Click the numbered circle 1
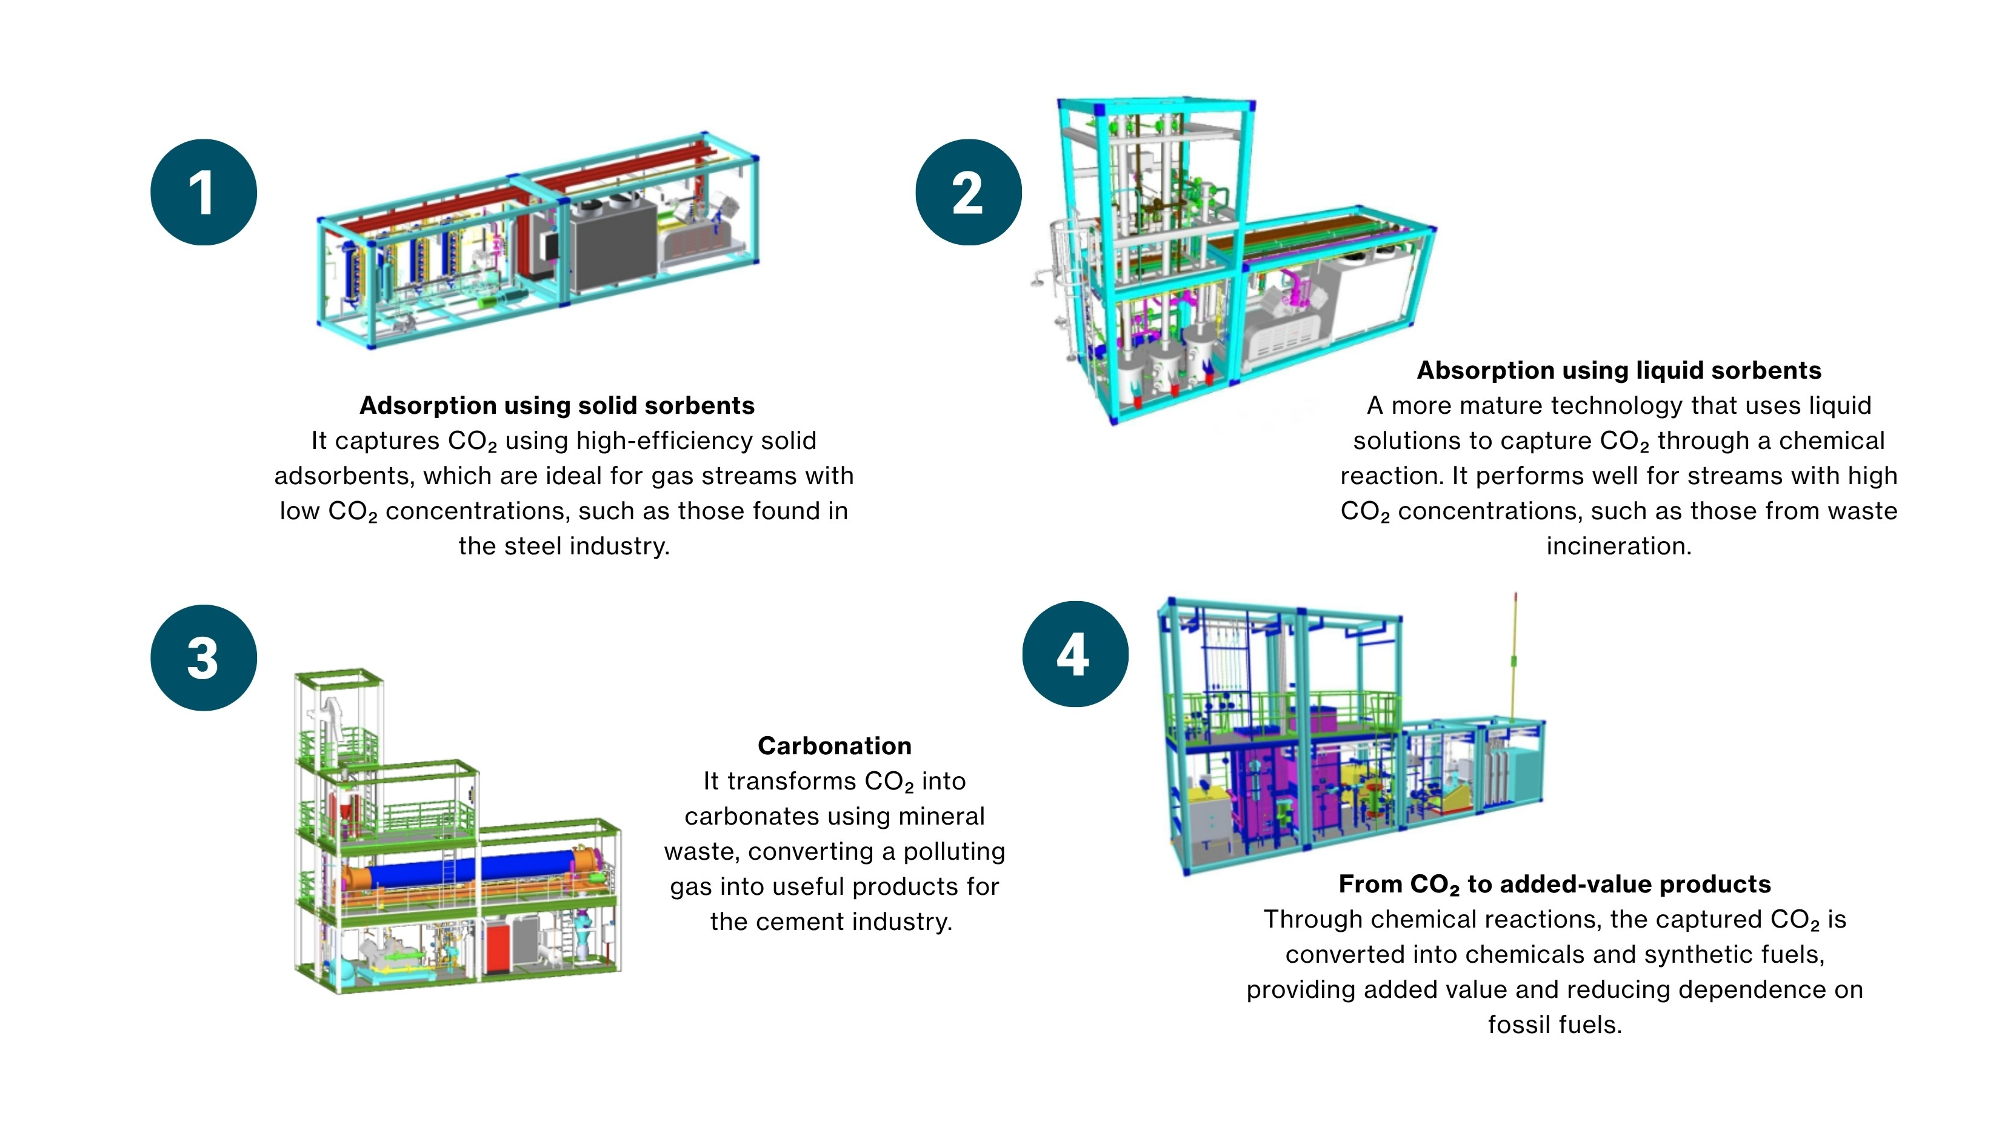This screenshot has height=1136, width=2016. click(x=204, y=193)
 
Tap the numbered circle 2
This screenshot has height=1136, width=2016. click(x=968, y=193)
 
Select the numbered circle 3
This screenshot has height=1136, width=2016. click(x=204, y=657)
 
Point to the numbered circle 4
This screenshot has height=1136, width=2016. click(x=1075, y=654)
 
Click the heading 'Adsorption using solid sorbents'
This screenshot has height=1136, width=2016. click(x=556, y=405)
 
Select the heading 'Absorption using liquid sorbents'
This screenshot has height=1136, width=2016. click(x=1618, y=370)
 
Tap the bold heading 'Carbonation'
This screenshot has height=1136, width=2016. click(x=834, y=746)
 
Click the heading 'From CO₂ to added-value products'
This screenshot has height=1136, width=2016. click(x=1554, y=884)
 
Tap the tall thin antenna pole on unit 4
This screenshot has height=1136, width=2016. click(x=1515, y=657)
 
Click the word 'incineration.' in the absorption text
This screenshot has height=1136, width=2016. click(x=1618, y=546)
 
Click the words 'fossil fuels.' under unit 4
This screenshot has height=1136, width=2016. click(x=1554, y=1025)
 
